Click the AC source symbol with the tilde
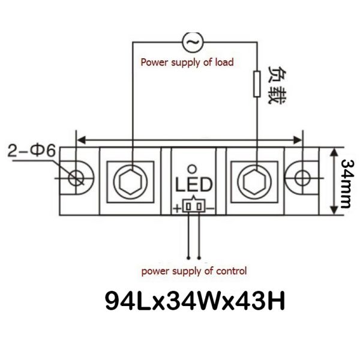(x=193, y=42)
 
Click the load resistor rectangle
(x=257, y=84)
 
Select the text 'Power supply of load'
(x=187, y=62)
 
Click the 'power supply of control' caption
(x=194, y=271)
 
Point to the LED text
(x=194, y=185)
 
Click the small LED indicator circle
(x=192, y=169)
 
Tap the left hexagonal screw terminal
(x=130, y=182)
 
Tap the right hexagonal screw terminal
(x=254, y=182)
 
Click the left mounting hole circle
(x=76, y=178)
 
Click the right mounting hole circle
(x=302, y=178)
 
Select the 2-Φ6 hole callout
(x=32, y=151)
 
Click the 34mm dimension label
(x=347, y=184)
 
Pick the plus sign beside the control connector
(x=177, y=208)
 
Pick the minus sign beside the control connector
(x=211, y=208)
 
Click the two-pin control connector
(x=194, y=206)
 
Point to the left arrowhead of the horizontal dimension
(x=82, y=140)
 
